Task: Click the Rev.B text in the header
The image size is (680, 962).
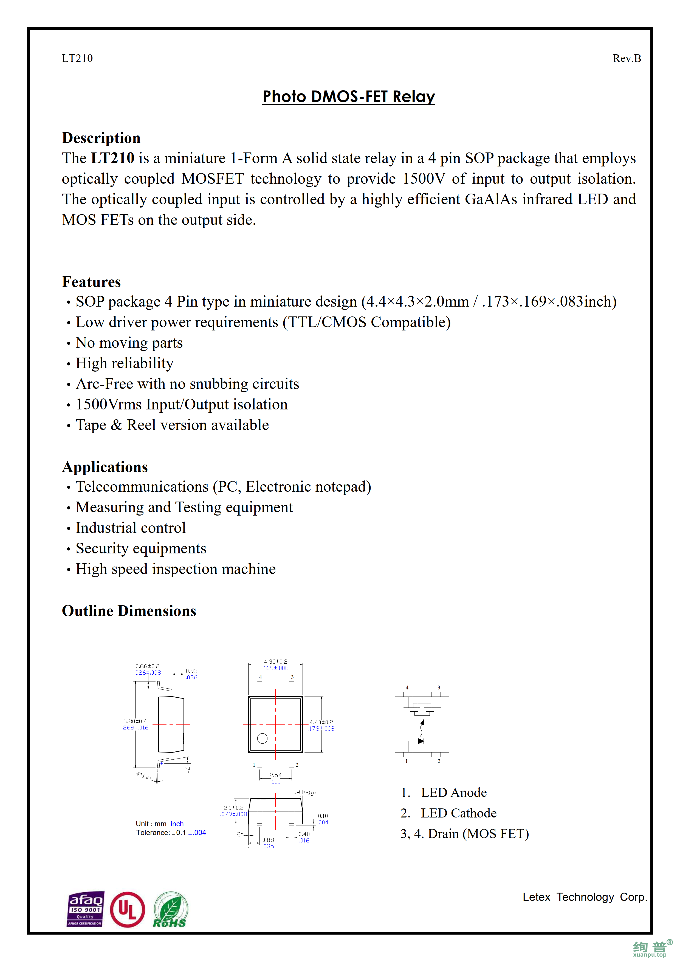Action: (626, 58)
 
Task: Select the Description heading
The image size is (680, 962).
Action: (101, 138)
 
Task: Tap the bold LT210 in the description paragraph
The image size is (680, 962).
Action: (113, 158)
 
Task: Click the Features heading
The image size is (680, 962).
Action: (91, 282)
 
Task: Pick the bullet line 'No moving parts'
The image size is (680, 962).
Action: (129, 343)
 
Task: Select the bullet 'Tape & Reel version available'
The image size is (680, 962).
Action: (172, 425)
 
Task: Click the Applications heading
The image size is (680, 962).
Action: (105, 467)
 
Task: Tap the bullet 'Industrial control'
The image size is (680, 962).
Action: (130, 528)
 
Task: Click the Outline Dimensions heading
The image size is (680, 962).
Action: (129, 611)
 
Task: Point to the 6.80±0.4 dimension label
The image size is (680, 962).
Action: (135, 721)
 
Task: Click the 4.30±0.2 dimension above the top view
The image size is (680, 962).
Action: (275, 662)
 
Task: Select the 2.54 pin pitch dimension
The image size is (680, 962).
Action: (275, 775)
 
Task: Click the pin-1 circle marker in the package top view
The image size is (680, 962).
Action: (262, 738)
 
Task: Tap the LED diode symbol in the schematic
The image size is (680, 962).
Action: (421, 741)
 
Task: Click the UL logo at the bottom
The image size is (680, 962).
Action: (127, 910)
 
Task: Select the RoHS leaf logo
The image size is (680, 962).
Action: (171, 910)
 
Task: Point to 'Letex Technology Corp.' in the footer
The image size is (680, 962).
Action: (585, 897)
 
